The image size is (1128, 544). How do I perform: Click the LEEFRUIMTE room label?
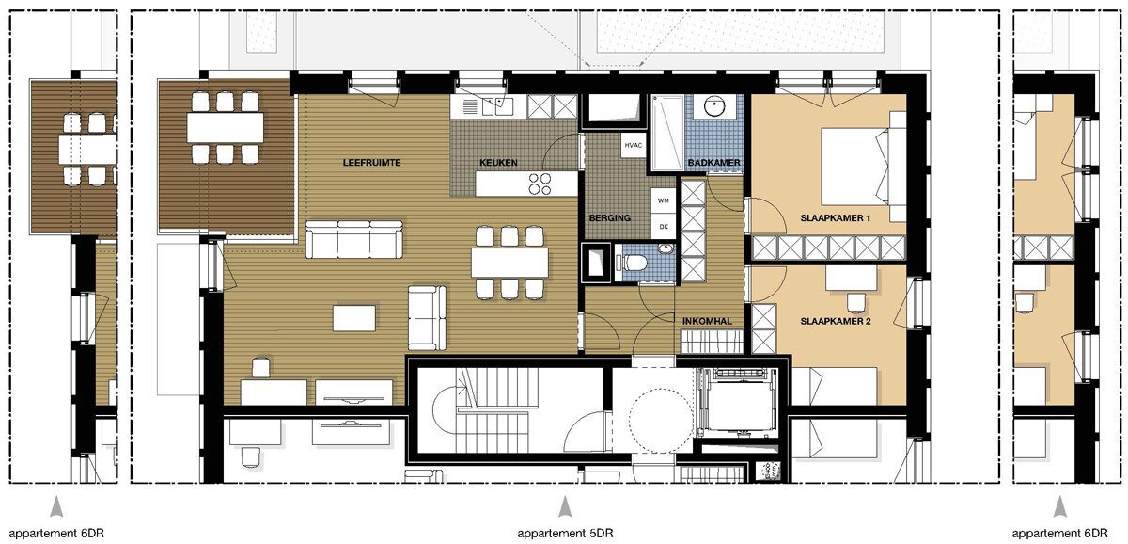(371, 163)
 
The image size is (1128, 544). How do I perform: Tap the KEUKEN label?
(498, 163)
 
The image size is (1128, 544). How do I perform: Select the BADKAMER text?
(714, 163)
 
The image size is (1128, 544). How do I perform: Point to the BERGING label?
(610, 218)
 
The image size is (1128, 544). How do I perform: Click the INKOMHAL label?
(707, 321)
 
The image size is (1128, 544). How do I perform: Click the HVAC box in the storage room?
(633, 146)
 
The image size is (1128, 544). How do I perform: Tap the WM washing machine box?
(664, 200)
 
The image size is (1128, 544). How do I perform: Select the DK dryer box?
(664, 227)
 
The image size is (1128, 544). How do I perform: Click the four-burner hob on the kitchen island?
(540, 184)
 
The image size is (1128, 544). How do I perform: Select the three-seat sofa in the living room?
(354, 239)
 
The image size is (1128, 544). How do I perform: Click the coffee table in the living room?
(354, 318)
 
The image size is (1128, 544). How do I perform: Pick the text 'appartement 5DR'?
(565, 533)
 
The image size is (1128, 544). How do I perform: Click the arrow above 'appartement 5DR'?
(565, 506)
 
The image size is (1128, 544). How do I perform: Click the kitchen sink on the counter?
(496, 106)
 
